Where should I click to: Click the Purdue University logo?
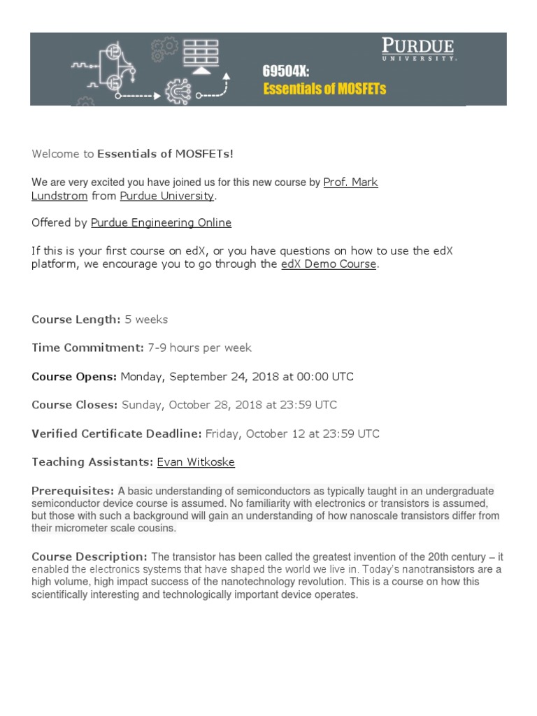(418, 50)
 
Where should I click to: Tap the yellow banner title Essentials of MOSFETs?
(324, 89)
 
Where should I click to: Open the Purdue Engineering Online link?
(161, 223)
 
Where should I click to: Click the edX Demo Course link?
(328, 265)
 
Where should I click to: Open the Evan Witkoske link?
(196, 462)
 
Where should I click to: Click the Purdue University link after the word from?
(166, 196)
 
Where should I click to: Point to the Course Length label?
(76, 320)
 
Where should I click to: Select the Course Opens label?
(74, 376)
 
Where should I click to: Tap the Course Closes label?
(75, 405)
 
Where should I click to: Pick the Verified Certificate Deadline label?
(116, 434)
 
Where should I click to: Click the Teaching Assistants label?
(92, 462)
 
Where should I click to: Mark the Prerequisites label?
(73, 491)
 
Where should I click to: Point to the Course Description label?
(89, 557)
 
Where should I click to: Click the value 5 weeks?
(146, 320)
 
